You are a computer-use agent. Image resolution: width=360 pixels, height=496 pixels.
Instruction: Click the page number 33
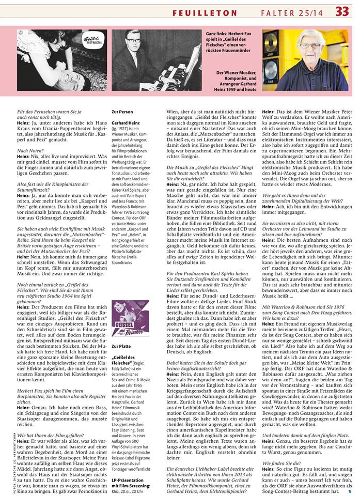point(342,11)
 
